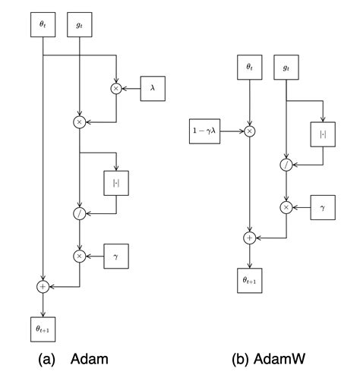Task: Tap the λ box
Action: [x=152, y=89]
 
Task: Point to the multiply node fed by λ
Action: [x=116, y=89]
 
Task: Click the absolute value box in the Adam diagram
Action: [x=116, y=183]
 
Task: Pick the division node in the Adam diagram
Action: [x=80, y=215]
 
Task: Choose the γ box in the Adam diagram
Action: [x=116, y=256]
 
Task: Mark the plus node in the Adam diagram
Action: [x=43, y=286]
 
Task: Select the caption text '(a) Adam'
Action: [x=73, y=360]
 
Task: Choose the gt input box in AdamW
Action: [x=286, y=67]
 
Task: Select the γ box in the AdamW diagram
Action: [x=322, y=206]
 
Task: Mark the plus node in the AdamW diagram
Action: [x=249, y=238]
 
